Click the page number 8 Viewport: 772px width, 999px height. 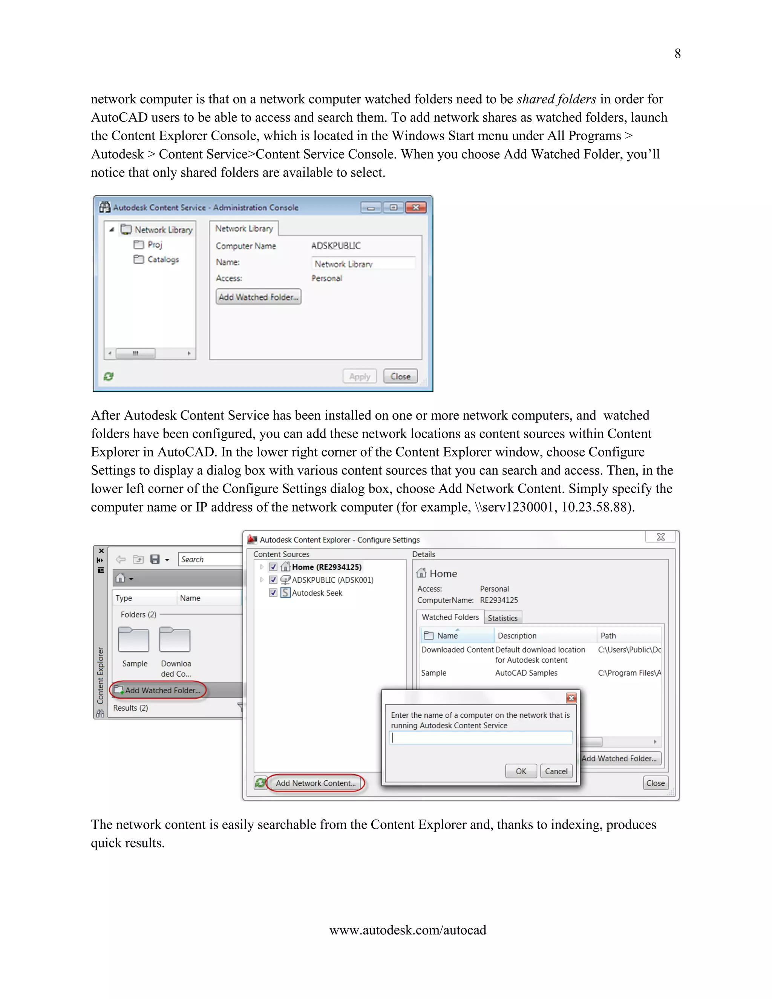click(677, 54)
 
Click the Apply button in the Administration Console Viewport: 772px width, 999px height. click(360, 377)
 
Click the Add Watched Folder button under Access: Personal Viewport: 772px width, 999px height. click(258, 297)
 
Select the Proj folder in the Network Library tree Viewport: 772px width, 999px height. click(154, 245)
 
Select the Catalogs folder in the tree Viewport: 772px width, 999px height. click(162, 259)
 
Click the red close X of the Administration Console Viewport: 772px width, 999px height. click(416, 208)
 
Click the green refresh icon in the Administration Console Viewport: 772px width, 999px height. click(109, 377)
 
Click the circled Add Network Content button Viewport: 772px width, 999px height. click(316, 783)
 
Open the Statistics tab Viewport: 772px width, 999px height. click(502, 618)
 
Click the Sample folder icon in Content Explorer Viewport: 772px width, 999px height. click(133, 640)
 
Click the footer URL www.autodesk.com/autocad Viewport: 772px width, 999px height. click(407, 930)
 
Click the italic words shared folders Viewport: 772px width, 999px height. click(556, 99)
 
